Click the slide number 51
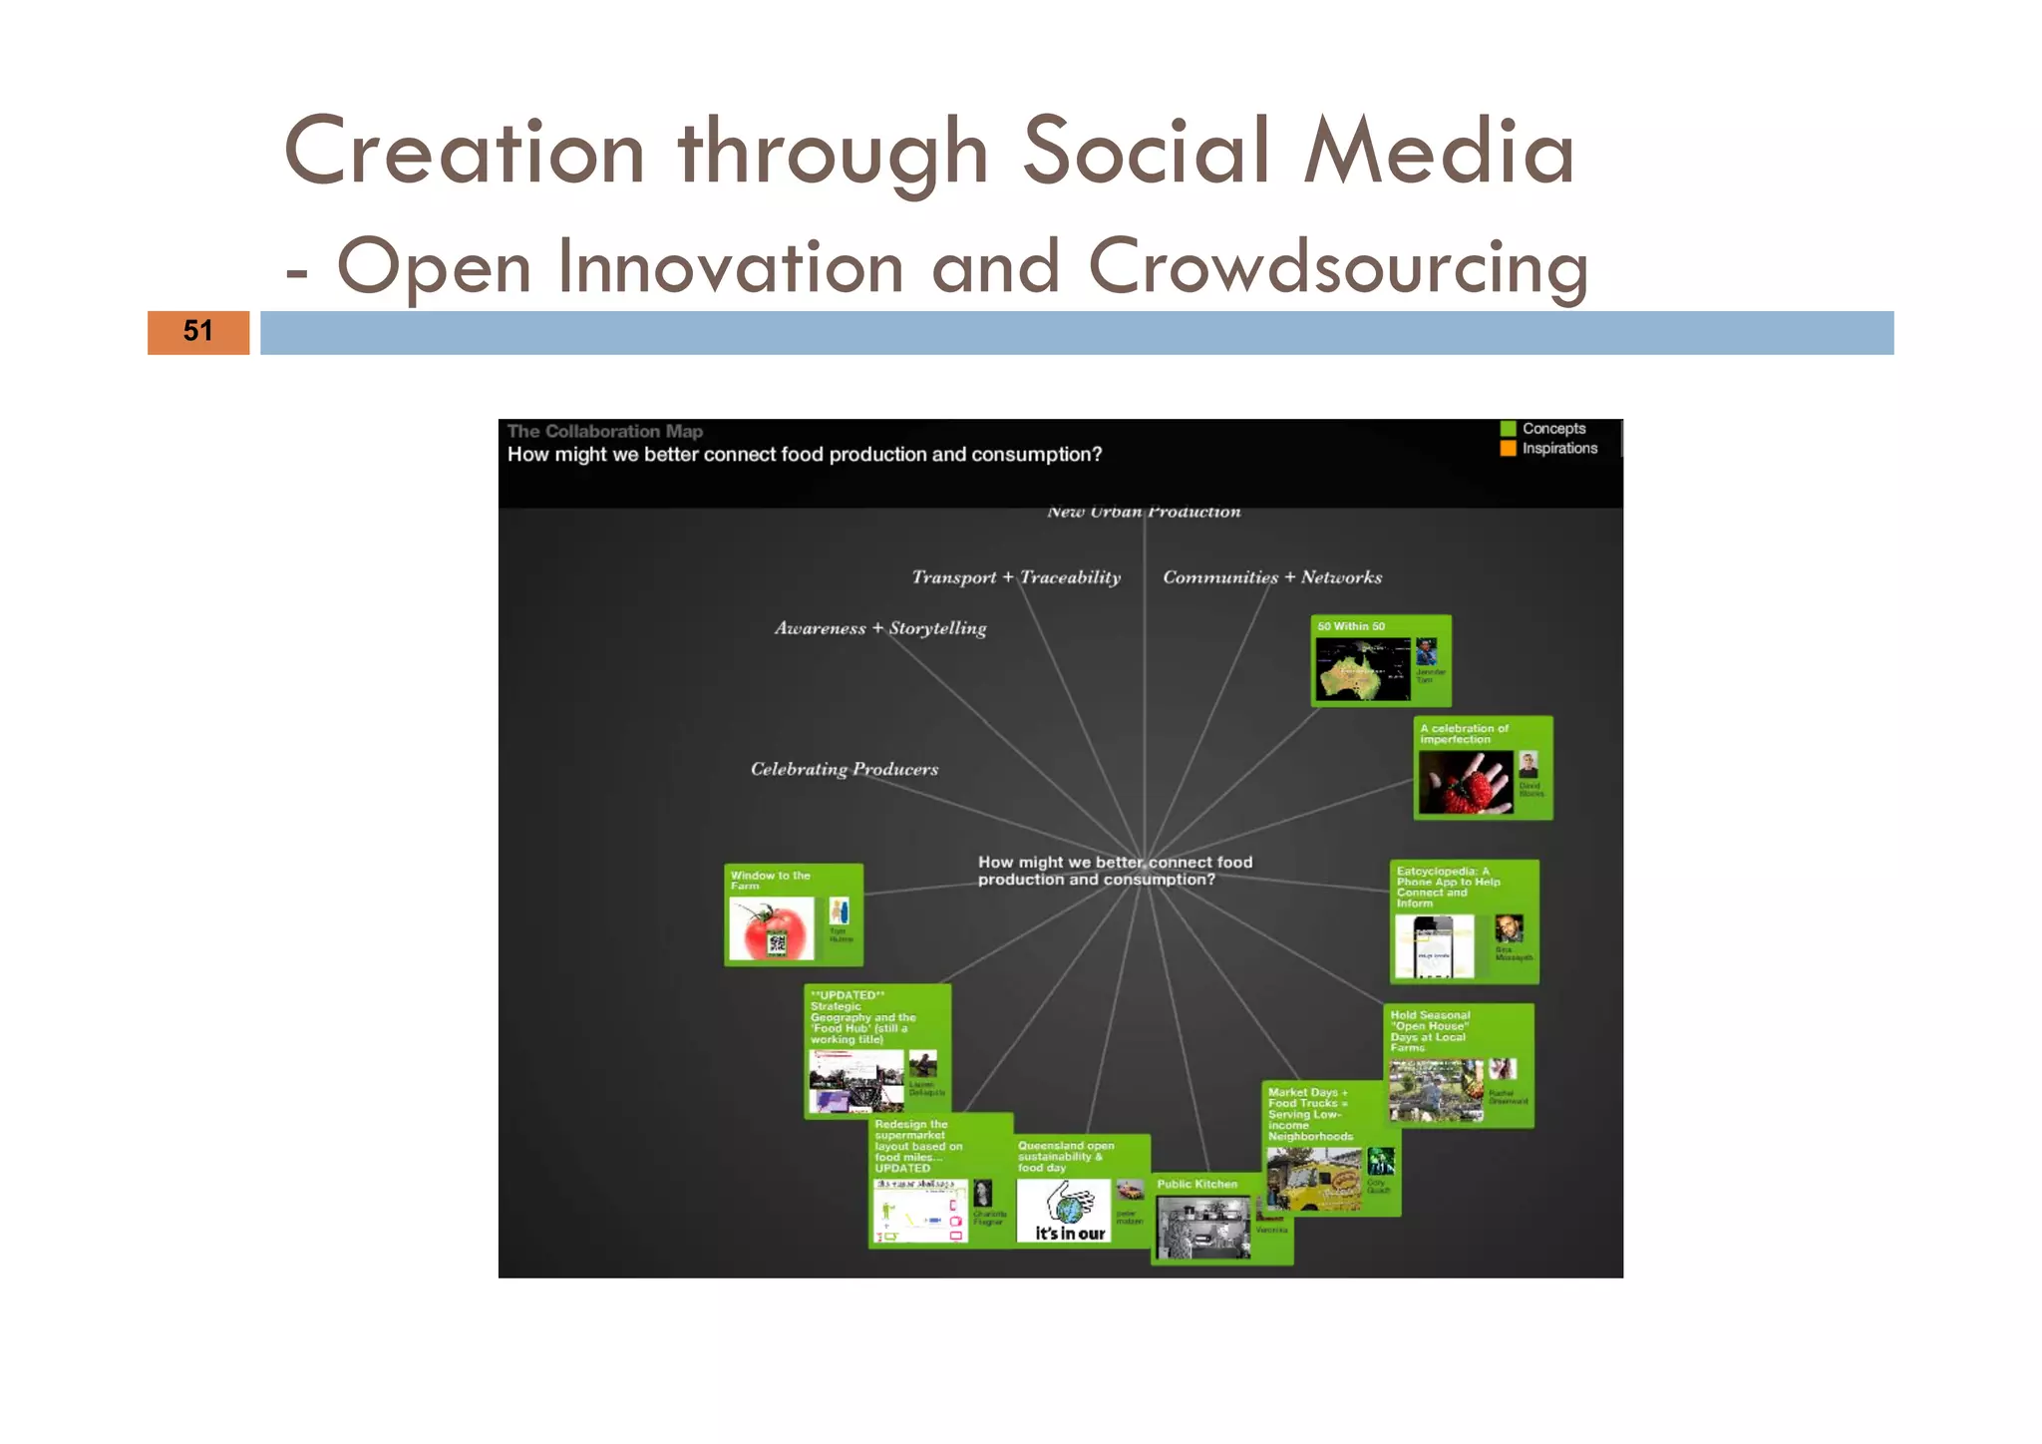(x=197, y=331)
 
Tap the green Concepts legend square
(x=1508, y=429)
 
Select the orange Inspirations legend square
(x=1508, y=449)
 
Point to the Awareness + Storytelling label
(x=880, y=628)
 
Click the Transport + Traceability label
(x=1016, y=577)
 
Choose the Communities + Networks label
(x=1272, y=577)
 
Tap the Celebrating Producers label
(x=845, y=769)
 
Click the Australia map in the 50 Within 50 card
(x=1362, y=668)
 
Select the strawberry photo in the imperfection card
(x=1465, y=782)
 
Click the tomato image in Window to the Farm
(x=771, y=928)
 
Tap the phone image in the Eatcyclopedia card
(x=1433, y=946)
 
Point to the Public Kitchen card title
(x=1196, y=1185)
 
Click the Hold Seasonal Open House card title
(x=1430, y=1031)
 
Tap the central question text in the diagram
(x=1115, y=871)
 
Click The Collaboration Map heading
(x=604, y=432)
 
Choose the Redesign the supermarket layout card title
(x=917, y=1146)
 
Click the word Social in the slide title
(x=1147, y=152)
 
